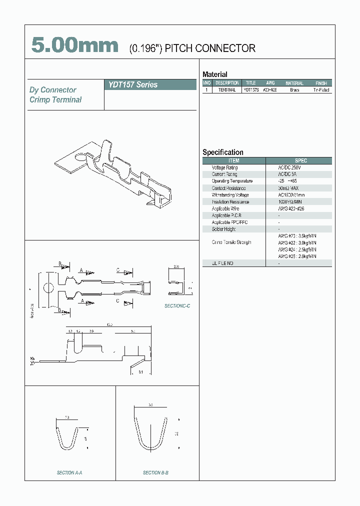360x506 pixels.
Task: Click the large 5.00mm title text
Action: click(75, 45)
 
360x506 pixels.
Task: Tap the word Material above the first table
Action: click(214, 74)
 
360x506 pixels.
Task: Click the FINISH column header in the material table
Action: click(321, 83)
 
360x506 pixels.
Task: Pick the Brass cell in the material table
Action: click(294, 90)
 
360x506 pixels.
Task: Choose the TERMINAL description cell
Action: click(227, 90)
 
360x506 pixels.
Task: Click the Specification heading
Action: click(222, 152)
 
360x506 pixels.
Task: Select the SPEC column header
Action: click(301, 160)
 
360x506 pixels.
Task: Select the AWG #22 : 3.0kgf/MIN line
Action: click(297, 242)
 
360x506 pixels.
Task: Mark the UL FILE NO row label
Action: click(222, 263)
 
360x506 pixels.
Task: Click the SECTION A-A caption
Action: click(69, 472)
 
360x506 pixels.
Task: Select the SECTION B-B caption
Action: click(155, 472)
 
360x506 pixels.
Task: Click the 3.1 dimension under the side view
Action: click(140, 372)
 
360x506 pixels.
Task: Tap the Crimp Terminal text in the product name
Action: click(55, 99)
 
